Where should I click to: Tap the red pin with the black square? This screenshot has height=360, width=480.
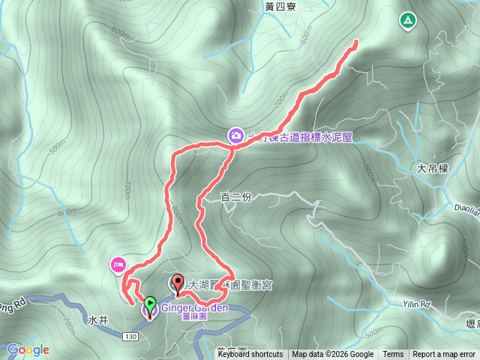pos(178,283)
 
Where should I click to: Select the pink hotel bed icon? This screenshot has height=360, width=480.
pos(118,264)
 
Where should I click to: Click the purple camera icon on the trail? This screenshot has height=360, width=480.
pos(235,135)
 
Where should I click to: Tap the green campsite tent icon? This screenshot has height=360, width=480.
pos(407,20)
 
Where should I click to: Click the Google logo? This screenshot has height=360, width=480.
pos(28,349)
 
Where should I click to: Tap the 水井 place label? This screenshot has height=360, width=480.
pos(98,319)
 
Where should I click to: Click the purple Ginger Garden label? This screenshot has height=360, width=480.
pos(195,308)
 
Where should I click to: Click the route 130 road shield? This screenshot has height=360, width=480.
pos(130,337)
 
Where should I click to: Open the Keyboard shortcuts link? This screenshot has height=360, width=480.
pos(250,355)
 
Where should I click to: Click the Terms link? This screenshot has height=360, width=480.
pos(393,355)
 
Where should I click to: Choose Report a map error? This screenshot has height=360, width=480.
pos(445,355)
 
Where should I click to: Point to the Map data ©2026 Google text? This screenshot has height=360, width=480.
pos(332,355)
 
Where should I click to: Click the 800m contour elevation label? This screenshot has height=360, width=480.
pos(177,212)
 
